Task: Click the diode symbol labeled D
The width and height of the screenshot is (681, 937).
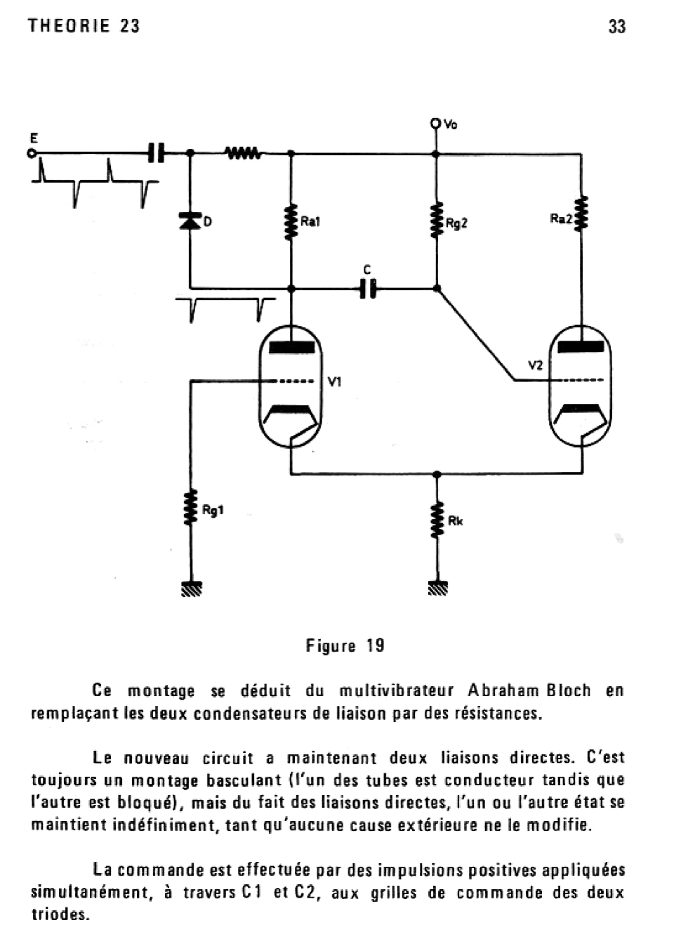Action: (189, 221)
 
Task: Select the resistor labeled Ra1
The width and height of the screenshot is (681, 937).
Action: (291, 221)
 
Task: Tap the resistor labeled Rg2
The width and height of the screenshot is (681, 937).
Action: (436, 221)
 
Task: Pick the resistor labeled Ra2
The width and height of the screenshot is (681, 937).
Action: (582, 214)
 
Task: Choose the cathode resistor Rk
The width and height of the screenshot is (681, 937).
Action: (437, 520)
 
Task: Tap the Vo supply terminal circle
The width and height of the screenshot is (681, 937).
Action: (436, 124)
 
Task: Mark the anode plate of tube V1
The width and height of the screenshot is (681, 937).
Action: (291, 346)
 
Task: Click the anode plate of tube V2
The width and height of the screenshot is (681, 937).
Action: (581, 346)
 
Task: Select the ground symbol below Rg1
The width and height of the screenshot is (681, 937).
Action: (190, 589)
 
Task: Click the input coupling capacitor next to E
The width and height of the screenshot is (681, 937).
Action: (156, 152)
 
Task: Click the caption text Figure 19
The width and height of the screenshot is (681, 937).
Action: (345, 646)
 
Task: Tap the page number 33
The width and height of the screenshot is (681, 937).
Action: (617, 27)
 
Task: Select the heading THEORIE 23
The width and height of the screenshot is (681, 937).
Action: (84, 27)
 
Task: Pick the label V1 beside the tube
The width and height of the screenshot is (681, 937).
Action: (335, 382)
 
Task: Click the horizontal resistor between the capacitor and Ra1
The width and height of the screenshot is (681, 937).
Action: (243, 152)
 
